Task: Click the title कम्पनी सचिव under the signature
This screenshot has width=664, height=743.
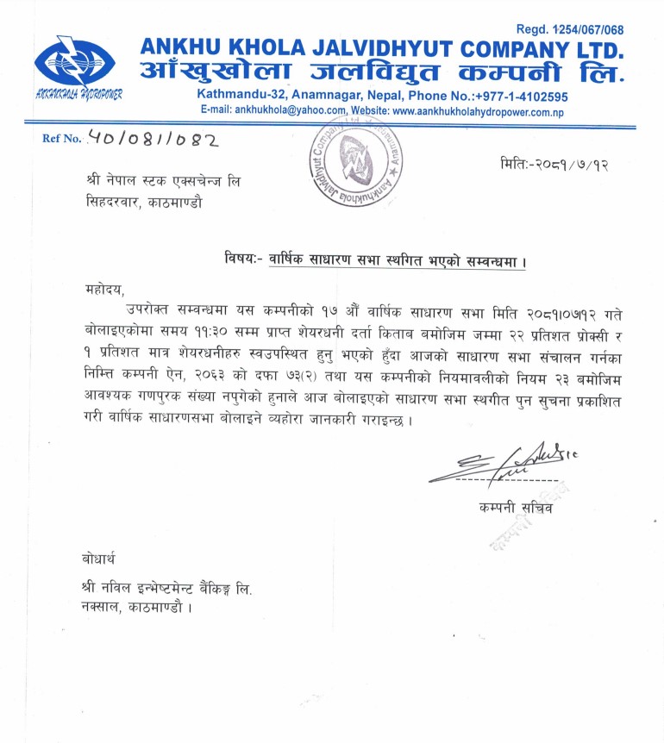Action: (516, 508)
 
